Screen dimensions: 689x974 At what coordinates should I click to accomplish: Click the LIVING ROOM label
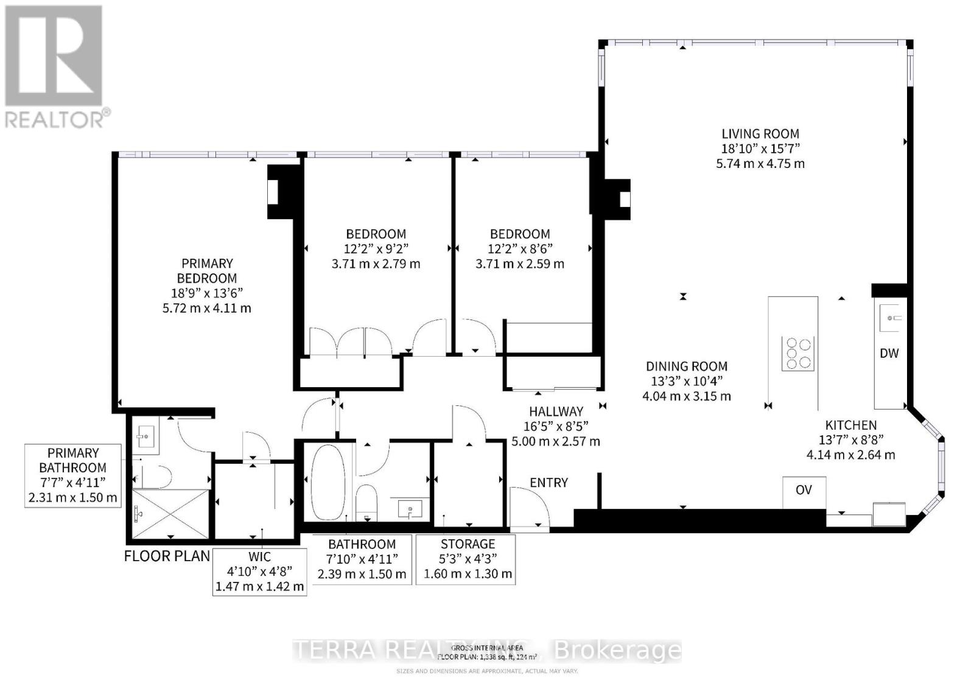pos(760,134)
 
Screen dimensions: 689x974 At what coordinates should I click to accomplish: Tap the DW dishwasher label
pos(889,354)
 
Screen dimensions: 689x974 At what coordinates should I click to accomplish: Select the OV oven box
pos(804,491)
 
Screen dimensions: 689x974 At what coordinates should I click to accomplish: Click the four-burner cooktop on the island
pos(799,353)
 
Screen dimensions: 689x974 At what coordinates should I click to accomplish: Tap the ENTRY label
pos(548,483)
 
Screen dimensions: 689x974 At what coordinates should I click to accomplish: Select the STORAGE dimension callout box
pos(466,559)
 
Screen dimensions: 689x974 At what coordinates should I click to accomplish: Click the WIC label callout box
pos(259,572)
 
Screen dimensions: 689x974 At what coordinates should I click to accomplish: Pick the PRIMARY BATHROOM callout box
pos(73,475)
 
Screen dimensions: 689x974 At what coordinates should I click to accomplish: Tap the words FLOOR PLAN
pos(167,556)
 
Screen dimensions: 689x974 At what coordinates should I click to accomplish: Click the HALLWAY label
pos(555,411)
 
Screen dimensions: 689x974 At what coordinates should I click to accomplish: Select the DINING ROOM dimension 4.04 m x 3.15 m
pos(687,396)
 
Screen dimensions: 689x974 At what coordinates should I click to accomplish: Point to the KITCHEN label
pos(850,425)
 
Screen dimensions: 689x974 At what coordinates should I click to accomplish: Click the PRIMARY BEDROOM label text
pos(207,271)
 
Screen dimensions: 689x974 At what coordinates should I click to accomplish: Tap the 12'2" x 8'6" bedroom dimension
pos(520,249)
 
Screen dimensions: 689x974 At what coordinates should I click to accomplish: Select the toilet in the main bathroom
pos(367,500)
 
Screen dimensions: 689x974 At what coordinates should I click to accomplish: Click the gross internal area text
pos(486,652)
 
